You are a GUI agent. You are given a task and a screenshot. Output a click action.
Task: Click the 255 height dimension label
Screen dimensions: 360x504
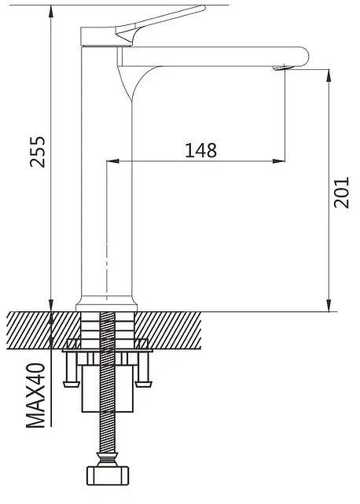(x=38, y=152)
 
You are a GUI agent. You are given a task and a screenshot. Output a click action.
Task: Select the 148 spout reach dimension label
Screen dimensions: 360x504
(x=201, y=150)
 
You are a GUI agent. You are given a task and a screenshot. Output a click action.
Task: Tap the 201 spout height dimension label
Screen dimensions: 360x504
(x=341, y=192)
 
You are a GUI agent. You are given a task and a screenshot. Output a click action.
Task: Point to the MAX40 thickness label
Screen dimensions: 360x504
(x=35, y=395)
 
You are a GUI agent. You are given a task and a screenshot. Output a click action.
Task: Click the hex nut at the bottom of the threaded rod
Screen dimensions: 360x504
(x=108, y=476)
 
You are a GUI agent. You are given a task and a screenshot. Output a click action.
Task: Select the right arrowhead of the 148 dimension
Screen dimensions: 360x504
(x=279, y=160)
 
